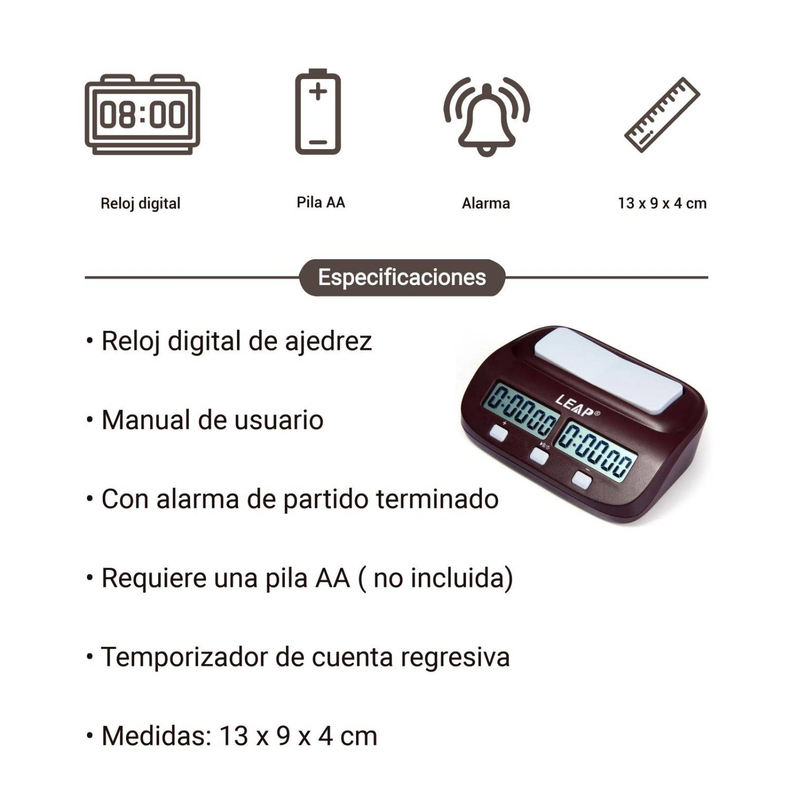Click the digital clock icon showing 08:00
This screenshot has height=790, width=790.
pyautogui.click(x=142, y=115)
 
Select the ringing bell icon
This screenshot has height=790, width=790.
pyautogui.click(x=486, y=118)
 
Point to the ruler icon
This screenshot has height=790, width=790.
pyautogui.click(x=662, y=115)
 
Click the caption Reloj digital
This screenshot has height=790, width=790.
pyautogui.click(x=140, y=203)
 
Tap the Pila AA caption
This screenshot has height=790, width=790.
pyautogui.click(x=320, y=202)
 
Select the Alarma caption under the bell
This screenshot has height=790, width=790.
pyautogui.click(x=486, y=203)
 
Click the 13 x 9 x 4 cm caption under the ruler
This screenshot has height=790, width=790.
pyautogui.click(x=662, y=203)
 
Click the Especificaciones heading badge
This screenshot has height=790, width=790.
pyautogui.click(x=402, y=277)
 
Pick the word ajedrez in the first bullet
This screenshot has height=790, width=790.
pyautogui.click(x=328, y=342)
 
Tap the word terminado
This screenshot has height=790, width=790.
pyautogui.click(x=437, y=499)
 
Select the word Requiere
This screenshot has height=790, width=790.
pyautogui.click(x=154, y=578)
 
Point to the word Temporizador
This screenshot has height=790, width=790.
pyautogui.click(x=184, y=657)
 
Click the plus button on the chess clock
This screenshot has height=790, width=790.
pyautogui.click(x=499, y=434)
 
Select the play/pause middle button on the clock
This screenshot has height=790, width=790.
pyautogui.click(x=539, y=455)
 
